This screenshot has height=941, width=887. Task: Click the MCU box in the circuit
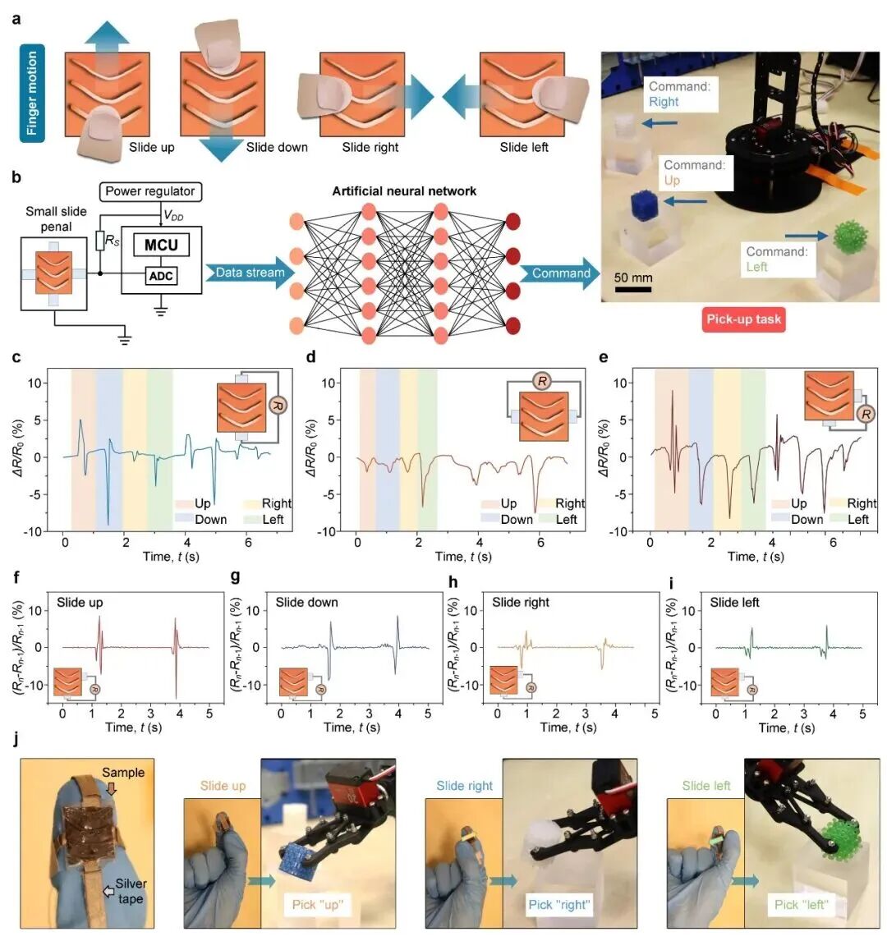[x=161, y=245]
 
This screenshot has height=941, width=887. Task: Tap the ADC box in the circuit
[x=161, y=276]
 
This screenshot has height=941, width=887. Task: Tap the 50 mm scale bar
[x=633, y=288]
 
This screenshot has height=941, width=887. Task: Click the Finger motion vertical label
[x=33, y=94]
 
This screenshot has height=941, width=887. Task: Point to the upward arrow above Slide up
[x=106, y=36]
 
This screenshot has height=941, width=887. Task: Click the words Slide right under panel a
[x=370, y=148]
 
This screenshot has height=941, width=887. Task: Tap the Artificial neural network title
[x=404, y=191]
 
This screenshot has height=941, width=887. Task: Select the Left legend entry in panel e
[x=857, y=519]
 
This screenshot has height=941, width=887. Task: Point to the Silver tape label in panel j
[x=130, y=891]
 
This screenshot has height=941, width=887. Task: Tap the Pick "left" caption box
[x=802, y=905]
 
